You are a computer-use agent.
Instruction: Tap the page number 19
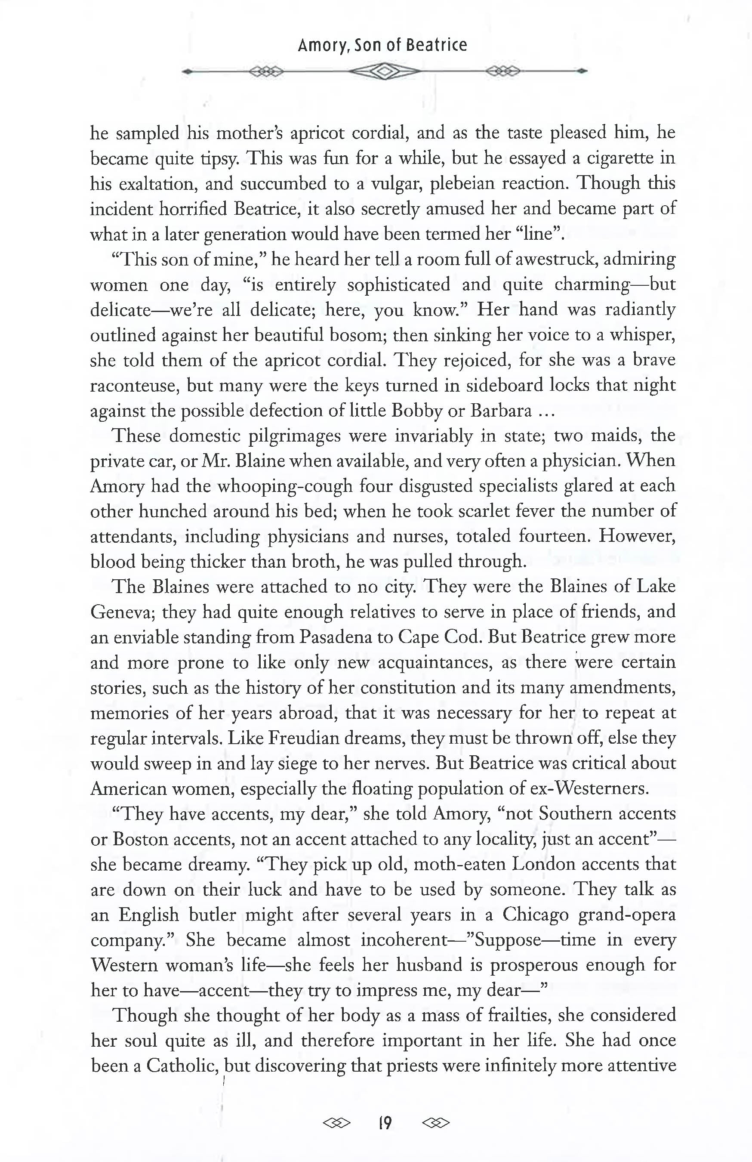pyautogui.click(x=385, y=1123)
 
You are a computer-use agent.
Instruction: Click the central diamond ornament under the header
pyautogui.click(x=385, y=72)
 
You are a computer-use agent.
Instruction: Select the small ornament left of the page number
pyautogui.click(x=337, y=1123)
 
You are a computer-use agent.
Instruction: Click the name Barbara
pyautogui.click(x=501, y=411)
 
